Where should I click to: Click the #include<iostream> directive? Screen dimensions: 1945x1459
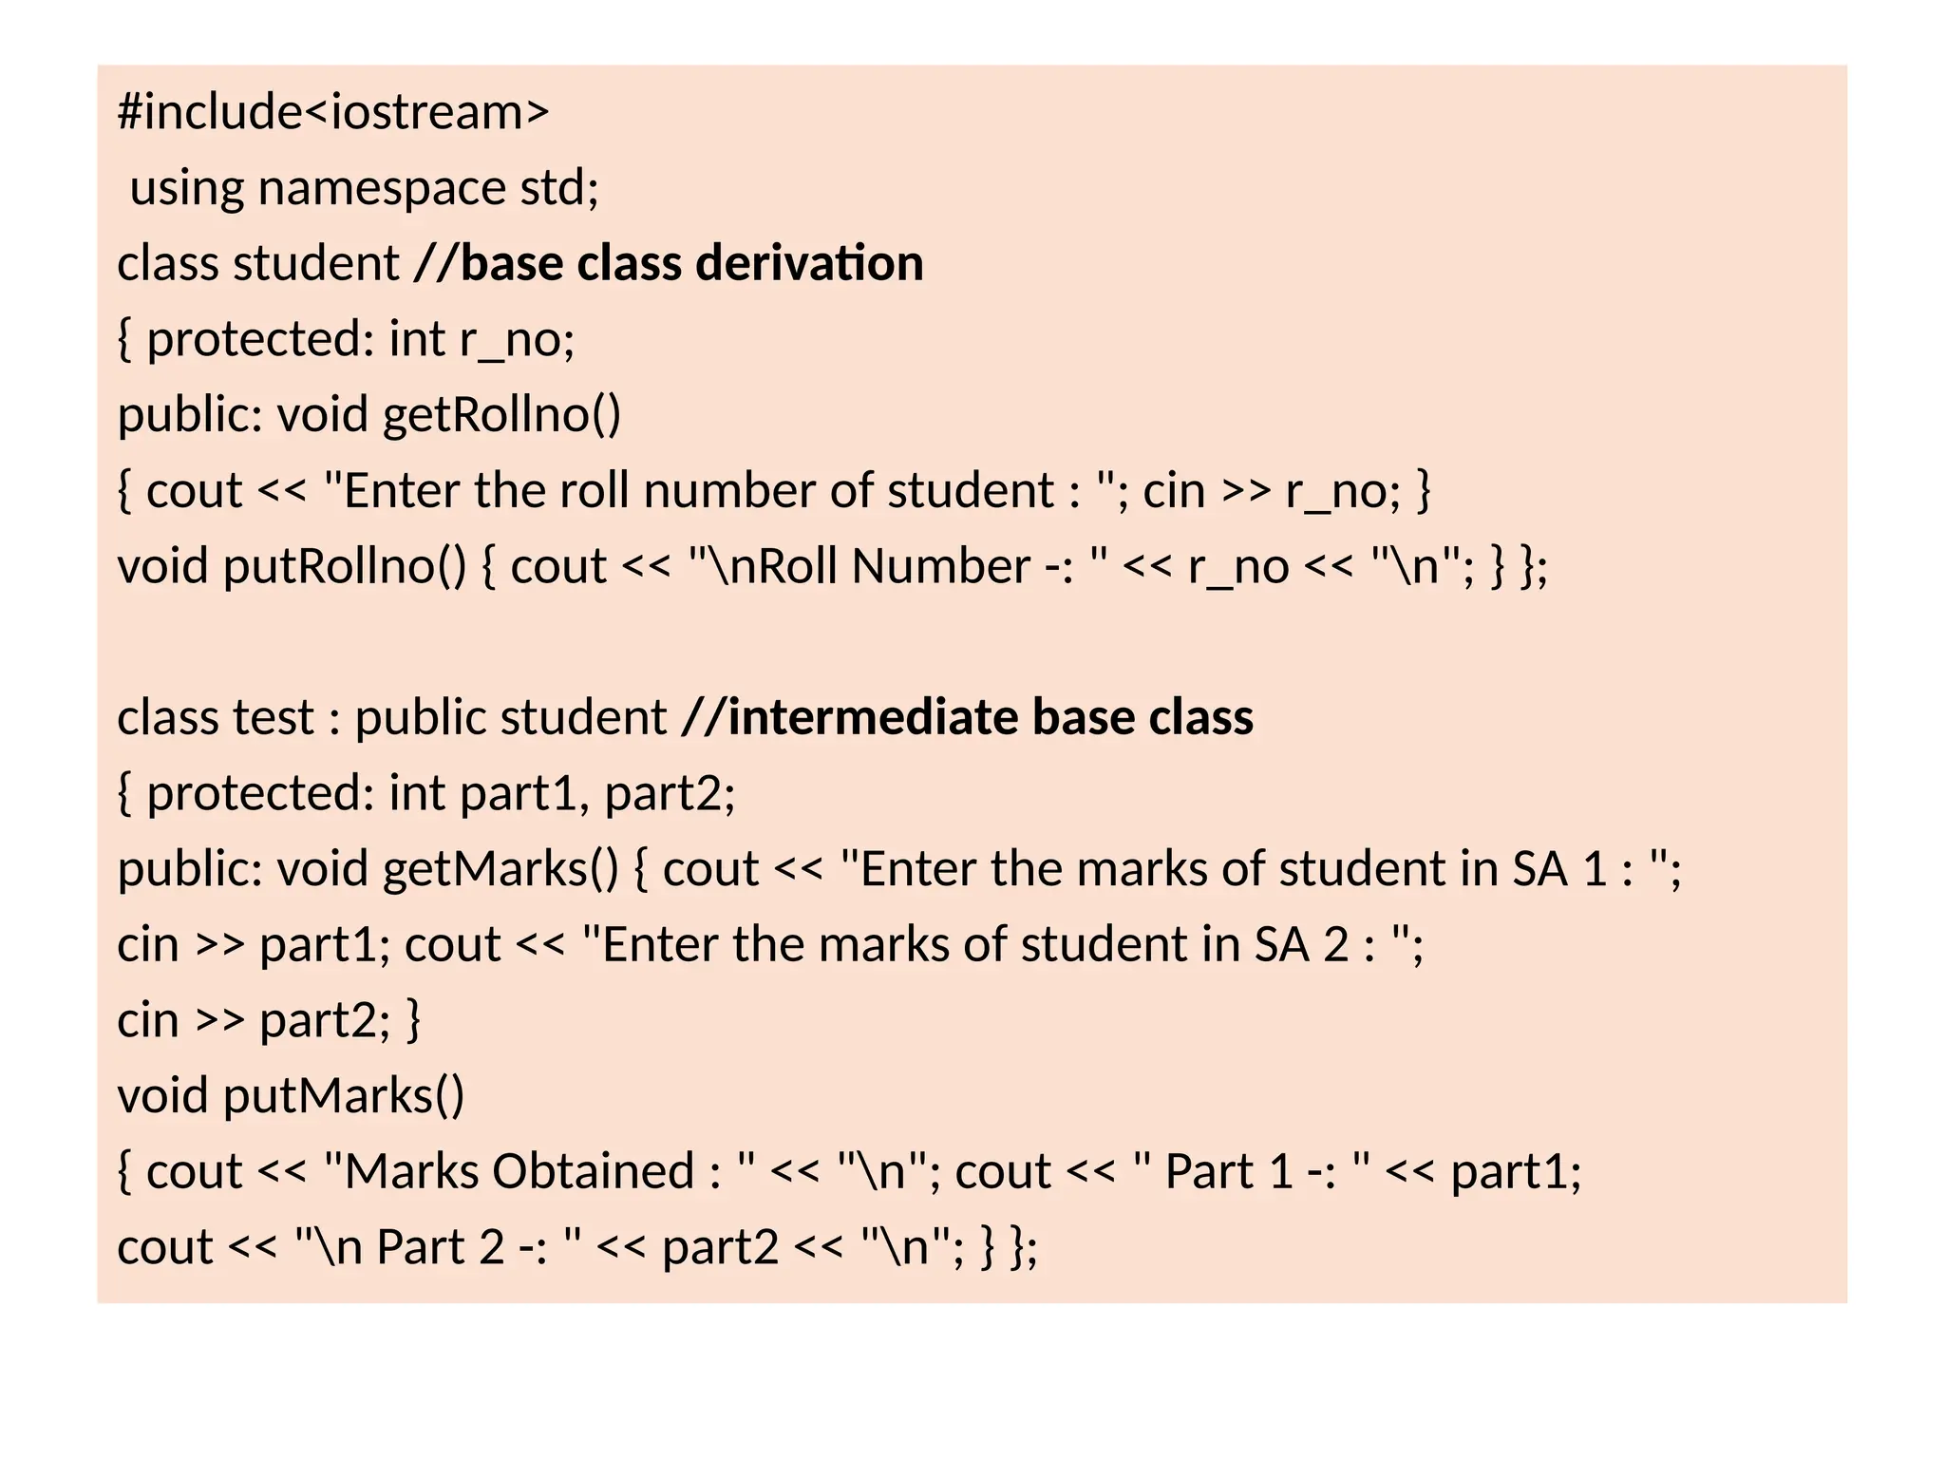coord(333,112)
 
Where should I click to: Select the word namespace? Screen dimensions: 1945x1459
coord(381,188)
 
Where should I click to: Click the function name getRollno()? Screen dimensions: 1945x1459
coord(501,415)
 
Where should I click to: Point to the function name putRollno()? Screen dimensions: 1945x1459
coord(344,567)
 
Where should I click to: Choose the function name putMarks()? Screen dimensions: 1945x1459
coord(344,1096)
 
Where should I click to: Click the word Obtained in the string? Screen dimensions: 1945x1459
coord(593,1171)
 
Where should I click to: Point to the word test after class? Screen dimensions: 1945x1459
coord(274,717)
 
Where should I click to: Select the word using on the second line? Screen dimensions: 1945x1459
coord(186,188)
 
